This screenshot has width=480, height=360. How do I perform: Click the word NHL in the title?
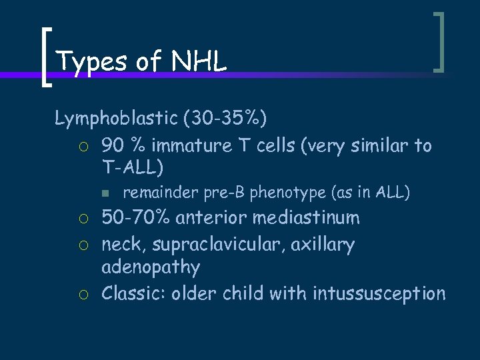point(199,61)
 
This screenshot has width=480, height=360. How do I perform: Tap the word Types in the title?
point(91,61)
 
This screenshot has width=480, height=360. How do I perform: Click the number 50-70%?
point(135,218)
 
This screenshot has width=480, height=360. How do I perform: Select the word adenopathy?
point(150,267)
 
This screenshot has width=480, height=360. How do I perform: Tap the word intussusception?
point(379,293)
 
